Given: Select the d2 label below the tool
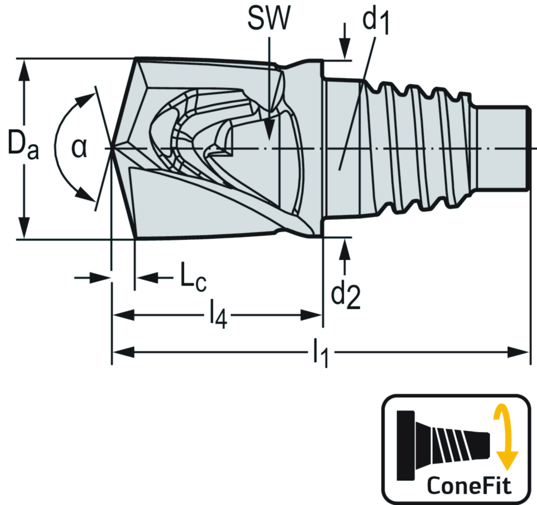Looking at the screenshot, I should pyautogui.click(x=345, y=295).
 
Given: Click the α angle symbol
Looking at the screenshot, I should pyautogui.click(x=79, y=148).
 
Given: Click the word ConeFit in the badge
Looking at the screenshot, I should pyautogui.click(x=469, y=485).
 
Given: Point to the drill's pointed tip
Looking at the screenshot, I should pyautogui.click(x=112, y=148).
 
